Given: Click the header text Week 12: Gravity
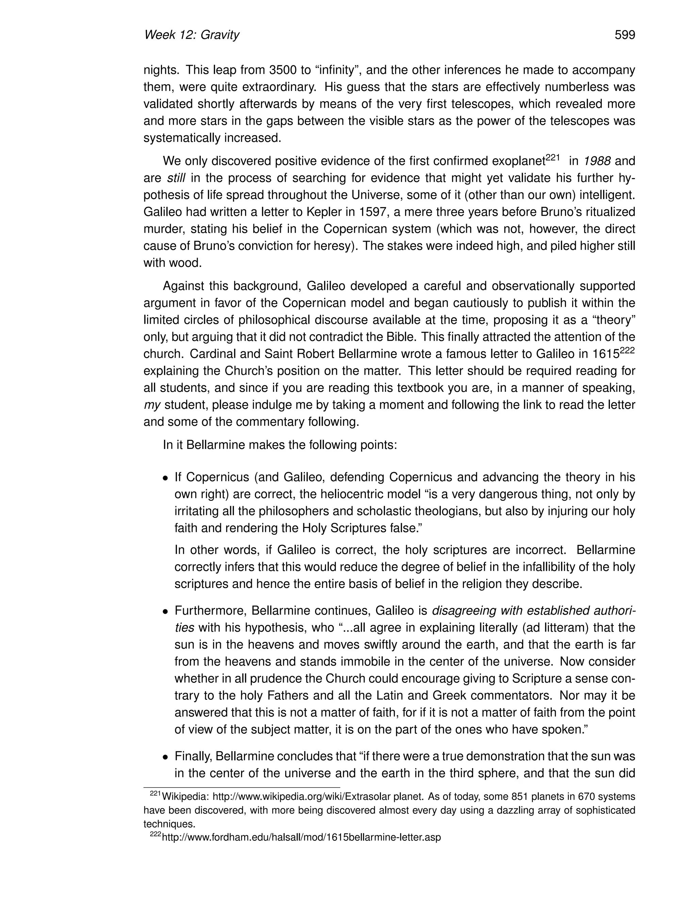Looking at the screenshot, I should (x=192, y=35).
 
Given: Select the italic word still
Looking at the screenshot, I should (x=176, y=178).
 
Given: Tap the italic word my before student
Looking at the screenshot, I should (x=151, y=405).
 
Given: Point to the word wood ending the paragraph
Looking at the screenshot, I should (x=185, y=263).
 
